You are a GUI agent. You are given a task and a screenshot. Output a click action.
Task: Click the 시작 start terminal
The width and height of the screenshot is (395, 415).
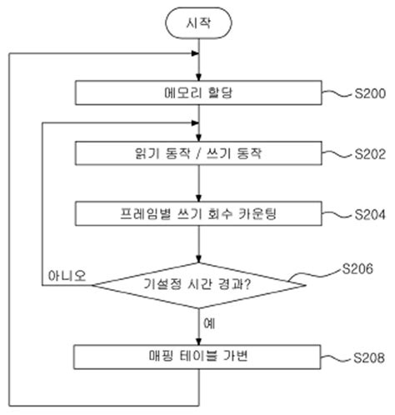pos(198,24)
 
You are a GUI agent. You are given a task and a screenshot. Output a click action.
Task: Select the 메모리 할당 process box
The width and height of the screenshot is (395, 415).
pos(198,92)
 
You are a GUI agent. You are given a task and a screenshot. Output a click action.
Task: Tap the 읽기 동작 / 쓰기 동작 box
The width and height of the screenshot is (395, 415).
pos(198,152)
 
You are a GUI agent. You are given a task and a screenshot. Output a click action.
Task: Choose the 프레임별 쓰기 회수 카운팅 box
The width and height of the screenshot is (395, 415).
pos(198,212)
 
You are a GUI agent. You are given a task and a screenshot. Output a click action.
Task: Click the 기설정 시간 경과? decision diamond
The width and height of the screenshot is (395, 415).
pos(198,285)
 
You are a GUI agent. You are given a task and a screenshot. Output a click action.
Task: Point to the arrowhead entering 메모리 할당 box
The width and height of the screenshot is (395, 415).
pos(198,77)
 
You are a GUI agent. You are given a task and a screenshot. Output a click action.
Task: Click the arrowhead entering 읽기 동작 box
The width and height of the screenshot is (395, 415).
pos(198,137)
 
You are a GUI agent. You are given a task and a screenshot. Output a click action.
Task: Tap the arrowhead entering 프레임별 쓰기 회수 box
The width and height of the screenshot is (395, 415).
pos(198,197)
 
